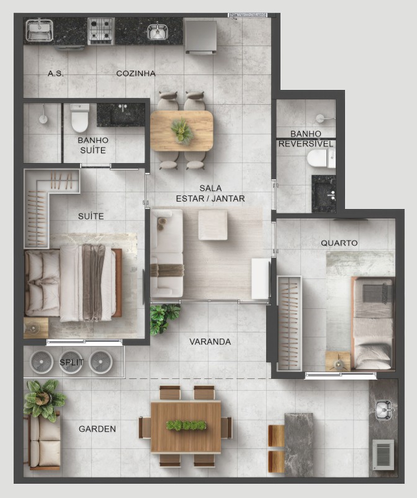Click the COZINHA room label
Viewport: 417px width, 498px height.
136,73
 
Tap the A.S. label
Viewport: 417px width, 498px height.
55,74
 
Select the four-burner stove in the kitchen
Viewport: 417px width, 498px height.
101,31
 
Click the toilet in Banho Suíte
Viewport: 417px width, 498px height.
79,118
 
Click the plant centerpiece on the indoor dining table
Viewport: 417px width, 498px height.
182,131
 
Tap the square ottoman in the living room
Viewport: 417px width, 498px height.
213,225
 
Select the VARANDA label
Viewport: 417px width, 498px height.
210,342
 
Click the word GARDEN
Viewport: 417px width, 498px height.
97,429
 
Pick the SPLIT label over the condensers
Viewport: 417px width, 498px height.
72,362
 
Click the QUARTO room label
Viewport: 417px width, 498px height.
339,243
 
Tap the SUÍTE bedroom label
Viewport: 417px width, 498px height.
91,216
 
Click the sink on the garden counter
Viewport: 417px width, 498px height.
383,410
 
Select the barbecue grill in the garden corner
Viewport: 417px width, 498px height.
383,455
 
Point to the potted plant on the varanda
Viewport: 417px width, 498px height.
164,319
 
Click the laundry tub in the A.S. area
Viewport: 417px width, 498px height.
39,30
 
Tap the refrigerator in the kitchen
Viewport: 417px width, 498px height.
200,36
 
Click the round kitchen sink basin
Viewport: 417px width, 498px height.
157,31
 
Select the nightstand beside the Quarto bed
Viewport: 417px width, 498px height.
338,361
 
